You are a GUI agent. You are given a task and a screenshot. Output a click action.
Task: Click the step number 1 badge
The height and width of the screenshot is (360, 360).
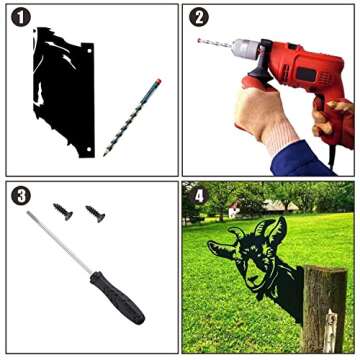click(x=21, y=18)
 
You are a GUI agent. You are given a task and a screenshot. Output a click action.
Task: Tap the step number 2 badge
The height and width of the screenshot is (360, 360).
click(x=199, y=18)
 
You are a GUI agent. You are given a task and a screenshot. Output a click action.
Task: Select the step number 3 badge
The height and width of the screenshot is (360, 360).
click(x=21, y=196)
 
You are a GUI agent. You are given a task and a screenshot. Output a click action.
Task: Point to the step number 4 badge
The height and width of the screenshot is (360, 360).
click(x=199, y=196)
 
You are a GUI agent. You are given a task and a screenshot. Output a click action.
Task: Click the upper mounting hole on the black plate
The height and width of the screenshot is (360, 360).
click(x=89, y=51)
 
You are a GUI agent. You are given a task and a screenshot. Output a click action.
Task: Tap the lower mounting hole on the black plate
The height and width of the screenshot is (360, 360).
click(x=89, y=149)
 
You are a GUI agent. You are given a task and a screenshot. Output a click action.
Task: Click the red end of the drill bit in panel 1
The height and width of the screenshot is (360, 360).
click(x=158, y=82)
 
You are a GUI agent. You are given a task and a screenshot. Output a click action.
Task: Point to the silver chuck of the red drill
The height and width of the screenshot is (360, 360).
click(x=246, y=49)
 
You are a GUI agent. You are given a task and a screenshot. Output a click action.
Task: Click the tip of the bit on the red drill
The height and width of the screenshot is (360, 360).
click(x=199, y=41)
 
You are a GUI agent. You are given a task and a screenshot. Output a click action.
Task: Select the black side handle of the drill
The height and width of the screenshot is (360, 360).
click(x=263, y=67)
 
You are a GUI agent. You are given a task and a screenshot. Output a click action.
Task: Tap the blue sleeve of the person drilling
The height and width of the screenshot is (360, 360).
click(x=299, y=159)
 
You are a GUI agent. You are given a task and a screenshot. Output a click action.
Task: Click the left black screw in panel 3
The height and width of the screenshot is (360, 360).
click(x=63, y=211)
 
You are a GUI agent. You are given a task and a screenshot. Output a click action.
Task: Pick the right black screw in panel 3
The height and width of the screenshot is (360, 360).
click(x=95, y=214)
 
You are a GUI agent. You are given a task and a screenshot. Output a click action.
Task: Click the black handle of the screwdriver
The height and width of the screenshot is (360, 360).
click(x=117, y=298)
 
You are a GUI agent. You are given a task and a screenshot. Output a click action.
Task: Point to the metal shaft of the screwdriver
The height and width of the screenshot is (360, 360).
click(x=59, y=242)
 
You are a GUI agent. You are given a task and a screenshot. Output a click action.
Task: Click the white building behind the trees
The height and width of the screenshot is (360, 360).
click(x=234, y=210)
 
